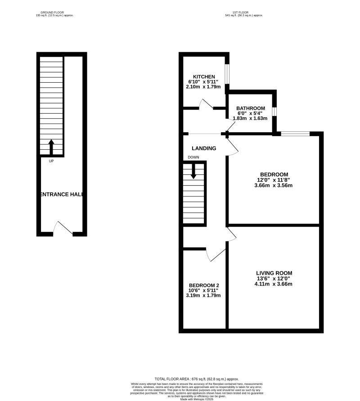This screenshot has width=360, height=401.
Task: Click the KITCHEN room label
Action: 204,76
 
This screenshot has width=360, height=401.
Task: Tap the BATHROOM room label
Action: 251,108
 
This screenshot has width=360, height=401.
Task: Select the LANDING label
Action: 204,148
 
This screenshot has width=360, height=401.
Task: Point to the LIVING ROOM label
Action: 274,273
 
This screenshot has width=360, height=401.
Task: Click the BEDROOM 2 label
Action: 204,285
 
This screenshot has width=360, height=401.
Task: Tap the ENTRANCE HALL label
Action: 61,194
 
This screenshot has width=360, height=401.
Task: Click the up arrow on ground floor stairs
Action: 51,147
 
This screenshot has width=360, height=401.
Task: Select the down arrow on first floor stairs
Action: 194,171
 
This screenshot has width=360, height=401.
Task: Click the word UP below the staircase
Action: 51,160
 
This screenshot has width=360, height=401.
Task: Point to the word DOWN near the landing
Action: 193,157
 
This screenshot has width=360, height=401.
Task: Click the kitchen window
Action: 228,74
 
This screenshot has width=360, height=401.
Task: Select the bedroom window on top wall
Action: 295,133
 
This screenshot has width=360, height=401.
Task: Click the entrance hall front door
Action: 63,228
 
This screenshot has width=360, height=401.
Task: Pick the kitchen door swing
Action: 206,104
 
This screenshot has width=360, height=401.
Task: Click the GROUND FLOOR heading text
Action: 54,12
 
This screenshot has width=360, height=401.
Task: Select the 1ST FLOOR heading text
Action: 243,12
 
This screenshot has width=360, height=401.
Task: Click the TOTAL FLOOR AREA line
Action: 197,379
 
